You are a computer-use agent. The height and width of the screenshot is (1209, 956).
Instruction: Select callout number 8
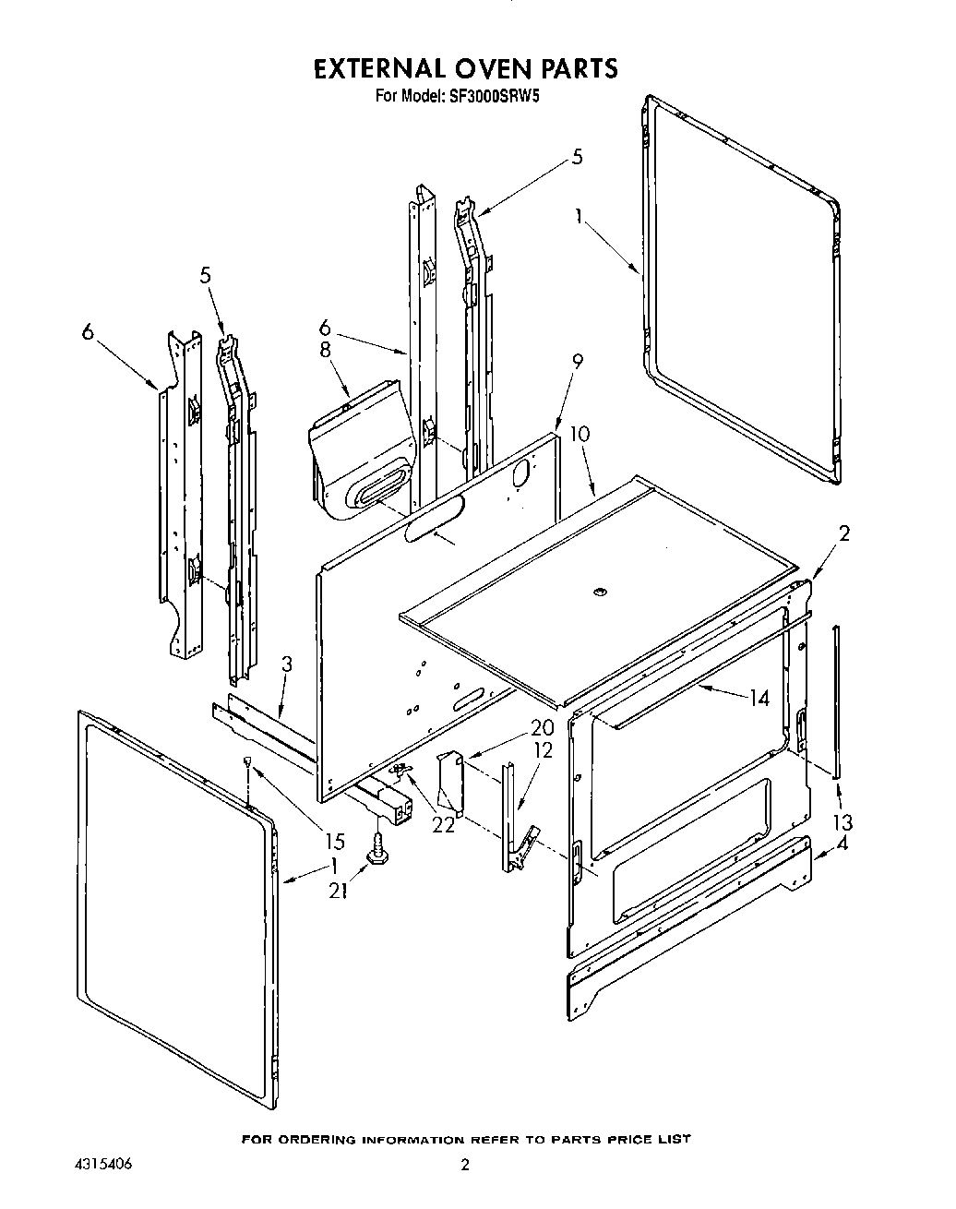324,350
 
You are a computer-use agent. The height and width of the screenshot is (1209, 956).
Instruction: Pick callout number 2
843,533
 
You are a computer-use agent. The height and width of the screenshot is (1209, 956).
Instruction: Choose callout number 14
759,699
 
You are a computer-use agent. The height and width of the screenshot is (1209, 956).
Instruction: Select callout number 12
543,750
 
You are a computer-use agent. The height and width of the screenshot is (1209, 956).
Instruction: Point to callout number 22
444,824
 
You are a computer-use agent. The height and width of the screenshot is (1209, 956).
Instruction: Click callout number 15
334,841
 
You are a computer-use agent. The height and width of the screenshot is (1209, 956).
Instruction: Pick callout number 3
287,663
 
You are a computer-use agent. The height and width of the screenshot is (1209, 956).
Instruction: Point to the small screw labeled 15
249,760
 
